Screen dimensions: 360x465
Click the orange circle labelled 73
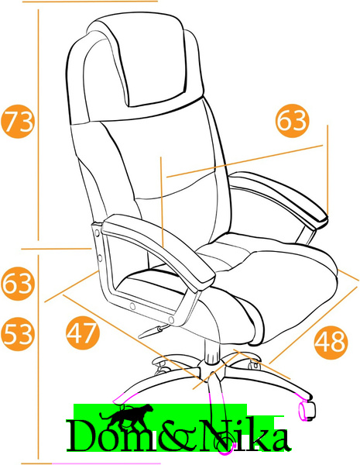(x=18, y=122)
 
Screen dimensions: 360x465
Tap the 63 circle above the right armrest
(x=292, y=121)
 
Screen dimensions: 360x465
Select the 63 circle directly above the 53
(x=18, y=284)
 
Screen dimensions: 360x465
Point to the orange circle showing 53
(x=18, y=334)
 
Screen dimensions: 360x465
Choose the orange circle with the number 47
(x=83, y=332)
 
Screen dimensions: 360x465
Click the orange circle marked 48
(x=331, y=341)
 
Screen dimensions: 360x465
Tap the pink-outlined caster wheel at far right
(x=307, y=411)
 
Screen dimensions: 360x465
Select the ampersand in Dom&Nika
(x=178, y=436)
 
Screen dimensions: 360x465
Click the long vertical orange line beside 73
(x=38, y=125)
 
